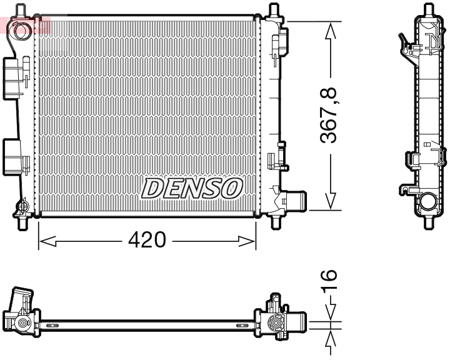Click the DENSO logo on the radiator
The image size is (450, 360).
coord(191,187)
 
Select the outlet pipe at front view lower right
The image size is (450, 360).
coord(295,202)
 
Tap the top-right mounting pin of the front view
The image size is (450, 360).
coord(273,11)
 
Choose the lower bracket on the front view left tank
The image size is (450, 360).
coord(14,156)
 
